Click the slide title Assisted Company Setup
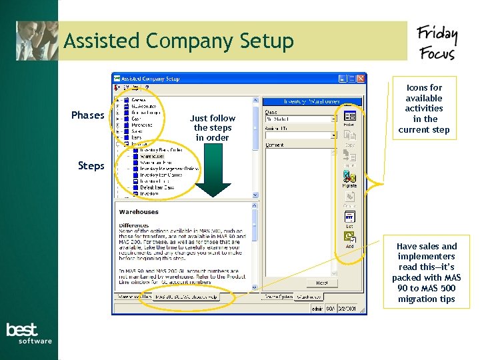[x=179, y=41]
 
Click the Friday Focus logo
[x=437, y=43]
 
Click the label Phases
[x=87, y=115]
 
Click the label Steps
[x=91, y=165]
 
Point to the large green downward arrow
[x=213, y=175]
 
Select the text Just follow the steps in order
[x=213, y=128]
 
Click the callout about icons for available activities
[x=424, y=109]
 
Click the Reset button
[x=321, y=283]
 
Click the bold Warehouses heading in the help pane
[x=139, y=212]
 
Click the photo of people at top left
[x=37, y=41]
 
